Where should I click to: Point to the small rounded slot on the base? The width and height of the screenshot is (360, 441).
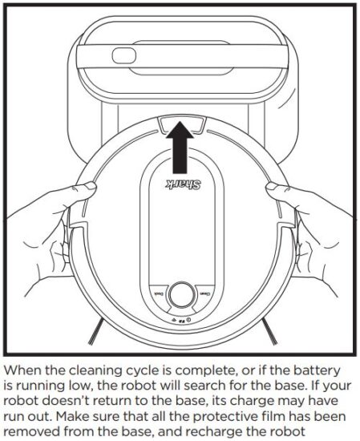coord(125,55)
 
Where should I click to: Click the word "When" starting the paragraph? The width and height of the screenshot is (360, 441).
coord(25,371)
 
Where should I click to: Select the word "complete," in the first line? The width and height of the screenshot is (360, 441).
coord(191,371)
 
